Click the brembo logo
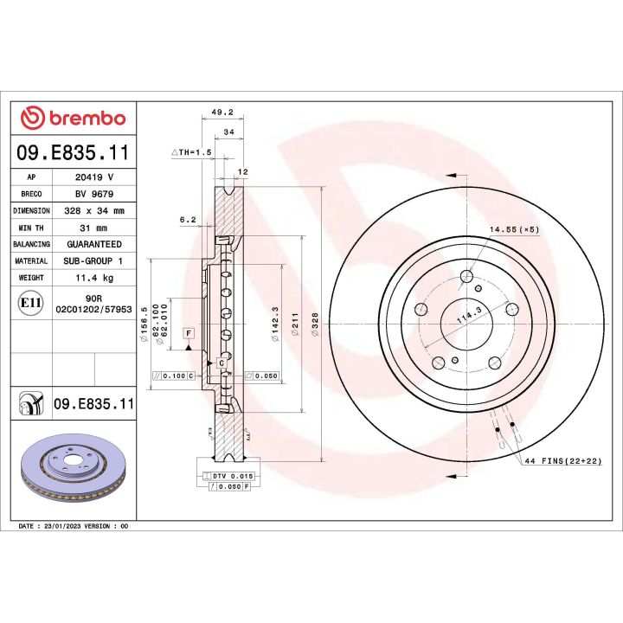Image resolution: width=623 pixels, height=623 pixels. [73, 119]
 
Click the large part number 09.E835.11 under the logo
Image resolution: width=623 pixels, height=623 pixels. [73, 154]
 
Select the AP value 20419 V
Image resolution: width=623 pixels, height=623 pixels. [89, 177]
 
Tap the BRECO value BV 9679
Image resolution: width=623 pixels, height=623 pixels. [89, 194]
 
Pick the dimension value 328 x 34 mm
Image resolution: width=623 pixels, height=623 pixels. [93, 210]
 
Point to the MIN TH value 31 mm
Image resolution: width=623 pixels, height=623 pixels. [89, 228]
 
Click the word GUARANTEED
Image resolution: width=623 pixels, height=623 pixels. [93, 245]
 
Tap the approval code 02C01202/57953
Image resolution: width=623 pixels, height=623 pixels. [93, 308]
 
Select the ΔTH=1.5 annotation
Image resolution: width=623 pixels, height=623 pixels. [191, 152]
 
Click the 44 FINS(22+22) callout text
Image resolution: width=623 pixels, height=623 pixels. [562, 462]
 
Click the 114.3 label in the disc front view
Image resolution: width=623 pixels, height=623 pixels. [468, 319]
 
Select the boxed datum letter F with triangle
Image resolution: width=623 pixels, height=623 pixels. [188, 334]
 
